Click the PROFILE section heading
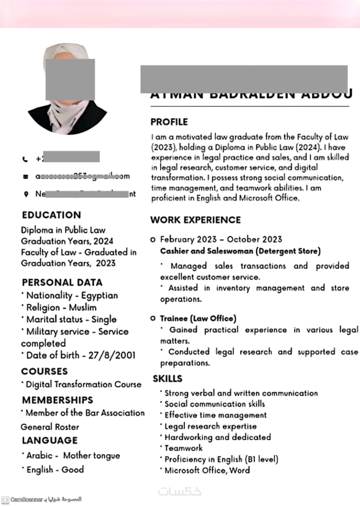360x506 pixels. click(169, 122)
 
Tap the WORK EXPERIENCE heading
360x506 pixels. click(195, 220)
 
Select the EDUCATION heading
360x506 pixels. click(51, 215)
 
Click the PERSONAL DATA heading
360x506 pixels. click(62, 282)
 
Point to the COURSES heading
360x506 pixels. click(45, 371)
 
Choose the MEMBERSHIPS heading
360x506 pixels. click(58, 400)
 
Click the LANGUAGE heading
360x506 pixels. click(50, 440)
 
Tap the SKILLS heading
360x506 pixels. click(168, 379)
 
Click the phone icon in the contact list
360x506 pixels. click(26, 159)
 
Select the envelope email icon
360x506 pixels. click(26, 177)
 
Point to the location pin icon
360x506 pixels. click(26, 194)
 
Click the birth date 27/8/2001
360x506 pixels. click(112, 355)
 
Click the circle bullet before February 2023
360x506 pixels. click(153, 240)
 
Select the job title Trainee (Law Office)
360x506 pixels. click(198, 318)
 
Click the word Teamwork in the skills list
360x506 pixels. click(183, 448)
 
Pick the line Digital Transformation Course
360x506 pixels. click(83, 384)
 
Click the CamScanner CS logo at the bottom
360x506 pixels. click(6, 500)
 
